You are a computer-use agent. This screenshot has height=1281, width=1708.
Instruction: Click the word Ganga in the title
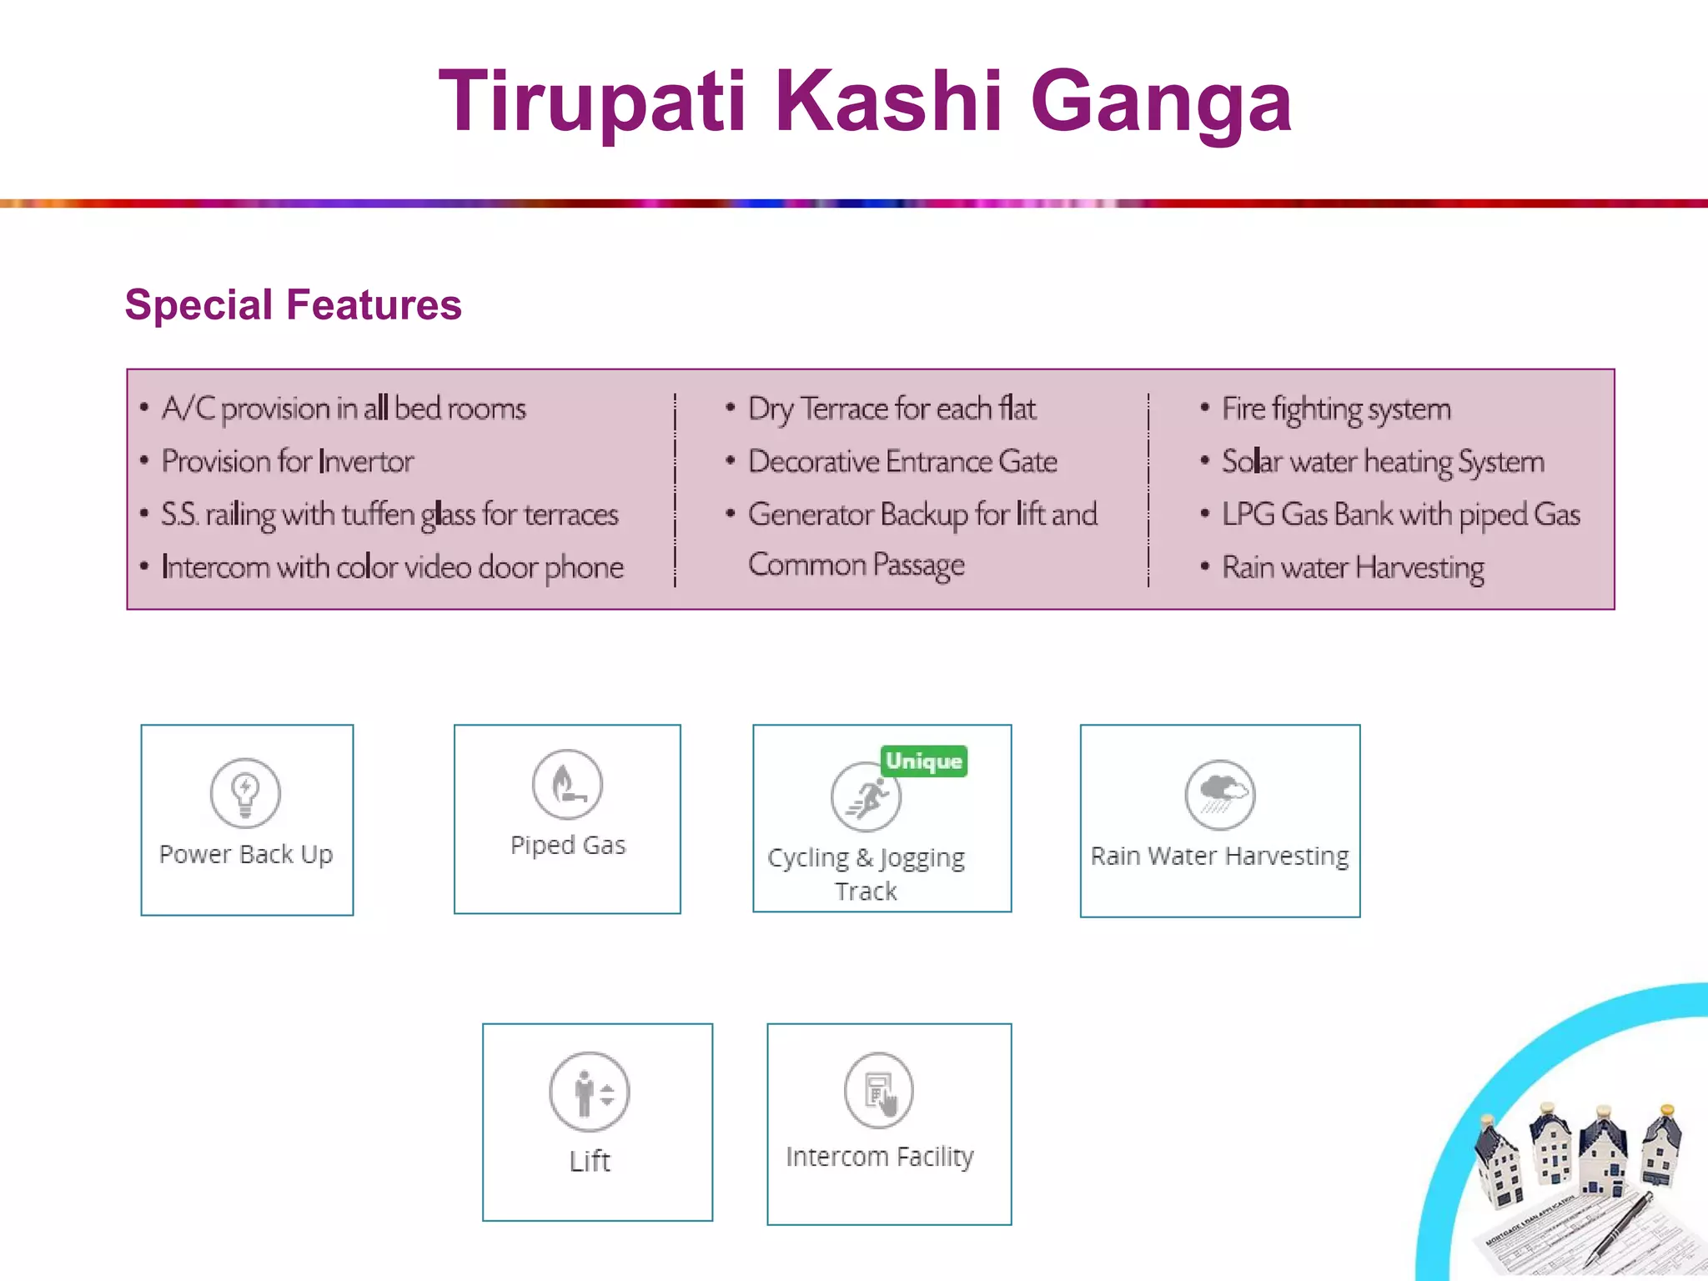[1161, 102]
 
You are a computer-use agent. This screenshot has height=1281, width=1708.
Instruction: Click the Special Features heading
[293, 304]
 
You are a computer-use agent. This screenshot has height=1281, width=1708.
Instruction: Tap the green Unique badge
[923, 761]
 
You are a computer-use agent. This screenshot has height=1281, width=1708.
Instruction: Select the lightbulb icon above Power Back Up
[245, 792]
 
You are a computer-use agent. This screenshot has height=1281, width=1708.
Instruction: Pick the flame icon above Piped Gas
[567, 784]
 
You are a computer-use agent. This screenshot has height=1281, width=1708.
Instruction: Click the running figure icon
[866, 797]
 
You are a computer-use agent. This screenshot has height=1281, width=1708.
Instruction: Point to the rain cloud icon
[1220, 794]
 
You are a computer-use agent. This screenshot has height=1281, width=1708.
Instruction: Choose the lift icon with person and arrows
[590, 1092]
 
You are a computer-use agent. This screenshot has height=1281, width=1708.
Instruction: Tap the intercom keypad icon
[879, 1091]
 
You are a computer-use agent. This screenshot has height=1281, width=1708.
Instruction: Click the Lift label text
[590, 1161]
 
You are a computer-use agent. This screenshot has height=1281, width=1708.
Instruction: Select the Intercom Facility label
[880, 1157]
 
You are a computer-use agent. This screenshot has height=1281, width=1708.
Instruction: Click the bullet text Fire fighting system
[1336, 409]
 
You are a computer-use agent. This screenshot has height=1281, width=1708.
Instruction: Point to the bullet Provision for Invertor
[287, 461]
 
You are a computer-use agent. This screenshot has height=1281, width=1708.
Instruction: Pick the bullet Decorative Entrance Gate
[902, 461]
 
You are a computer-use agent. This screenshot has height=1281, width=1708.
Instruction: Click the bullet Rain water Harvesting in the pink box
[1353, 568]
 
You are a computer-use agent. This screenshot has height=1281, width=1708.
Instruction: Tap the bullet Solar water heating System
[1383, 461]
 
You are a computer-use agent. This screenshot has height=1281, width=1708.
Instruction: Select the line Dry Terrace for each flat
[892, 409]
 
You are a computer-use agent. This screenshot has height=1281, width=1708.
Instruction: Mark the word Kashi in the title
[888, 102]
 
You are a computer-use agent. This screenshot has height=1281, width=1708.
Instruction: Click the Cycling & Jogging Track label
[867, 873]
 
